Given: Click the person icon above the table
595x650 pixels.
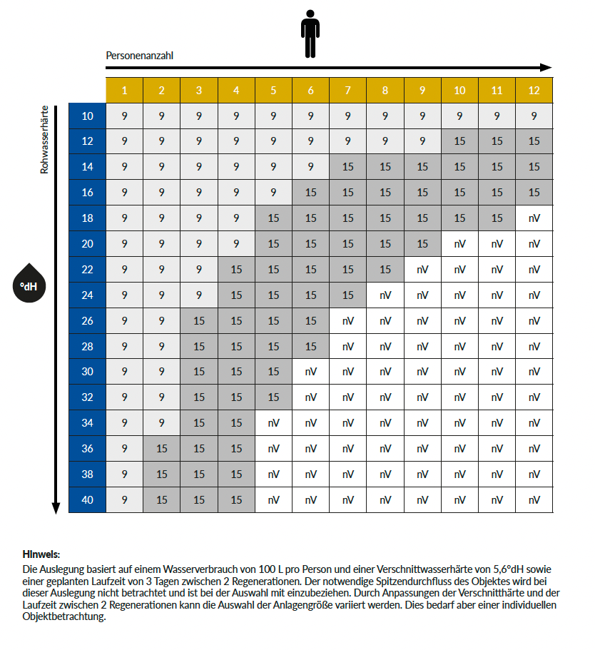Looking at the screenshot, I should point(310,34).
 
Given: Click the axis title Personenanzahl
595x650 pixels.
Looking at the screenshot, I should point(140,55).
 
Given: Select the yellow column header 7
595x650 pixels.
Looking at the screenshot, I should point(348,90).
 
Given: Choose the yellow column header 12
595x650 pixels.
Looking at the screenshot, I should point(534,90).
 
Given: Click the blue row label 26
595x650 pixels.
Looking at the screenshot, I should point(87,321).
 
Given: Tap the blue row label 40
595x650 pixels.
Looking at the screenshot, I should point(87,500).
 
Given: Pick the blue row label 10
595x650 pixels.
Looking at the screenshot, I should point(87,116).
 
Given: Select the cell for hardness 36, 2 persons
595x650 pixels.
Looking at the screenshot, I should point(162,449).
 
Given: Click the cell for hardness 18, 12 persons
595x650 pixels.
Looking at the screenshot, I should point(534,218).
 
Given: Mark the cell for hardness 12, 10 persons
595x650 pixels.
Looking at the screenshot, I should point(459,141).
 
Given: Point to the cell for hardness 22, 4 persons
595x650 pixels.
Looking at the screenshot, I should point(236,270).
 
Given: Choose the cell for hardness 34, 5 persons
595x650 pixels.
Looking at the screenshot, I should point(274,423).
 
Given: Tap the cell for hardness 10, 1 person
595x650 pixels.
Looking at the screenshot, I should point(125,116).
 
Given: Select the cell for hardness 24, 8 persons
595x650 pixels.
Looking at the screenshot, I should point(385,295).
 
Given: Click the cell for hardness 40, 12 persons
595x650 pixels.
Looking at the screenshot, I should point(534,500).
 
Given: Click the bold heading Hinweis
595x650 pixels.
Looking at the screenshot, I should point(41,554).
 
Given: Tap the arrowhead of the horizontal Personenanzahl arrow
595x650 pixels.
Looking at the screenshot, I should point(546,68).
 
